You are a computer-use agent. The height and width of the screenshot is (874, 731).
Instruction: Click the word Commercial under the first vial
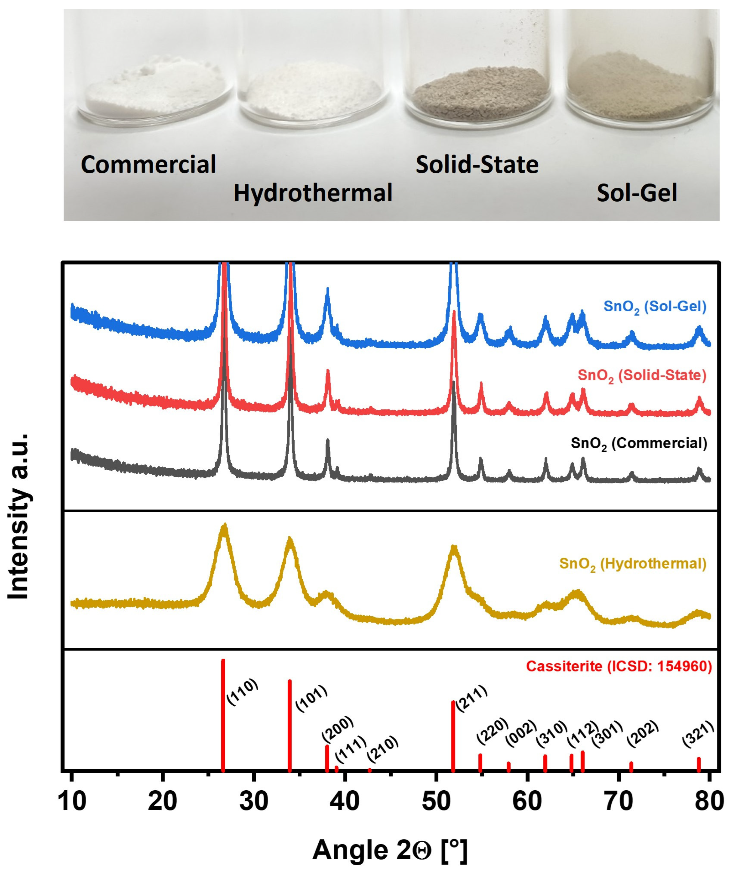pyautogui.click(x=148, y=164)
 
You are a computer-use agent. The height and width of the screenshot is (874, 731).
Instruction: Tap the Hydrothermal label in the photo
pyautogui.click(x=313, y=193)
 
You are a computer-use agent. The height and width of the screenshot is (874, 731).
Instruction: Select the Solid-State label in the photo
pyautogui.click(x=477, y=164)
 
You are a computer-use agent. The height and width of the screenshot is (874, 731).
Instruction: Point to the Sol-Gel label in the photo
pyautogui.click(x=637, y=193)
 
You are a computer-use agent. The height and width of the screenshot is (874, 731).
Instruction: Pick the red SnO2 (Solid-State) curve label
pyautogui.click(x=642, y=376)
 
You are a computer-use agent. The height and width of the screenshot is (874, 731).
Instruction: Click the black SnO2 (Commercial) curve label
pyautogui.click(x=639, y=444)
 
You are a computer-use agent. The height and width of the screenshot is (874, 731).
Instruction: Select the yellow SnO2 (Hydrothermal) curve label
pyautogui.click(x=632, y=564)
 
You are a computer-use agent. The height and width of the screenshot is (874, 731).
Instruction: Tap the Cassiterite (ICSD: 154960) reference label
pyautogui.click(x=619, y=666)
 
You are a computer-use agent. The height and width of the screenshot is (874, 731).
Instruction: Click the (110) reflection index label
pyautogui.click(x=242, y=692)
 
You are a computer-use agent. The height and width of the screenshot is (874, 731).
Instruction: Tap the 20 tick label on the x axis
pyautogui.click(x=162, y=802)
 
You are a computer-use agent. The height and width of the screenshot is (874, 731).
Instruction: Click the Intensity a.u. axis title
pyautogui.click(x=19, y=516)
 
